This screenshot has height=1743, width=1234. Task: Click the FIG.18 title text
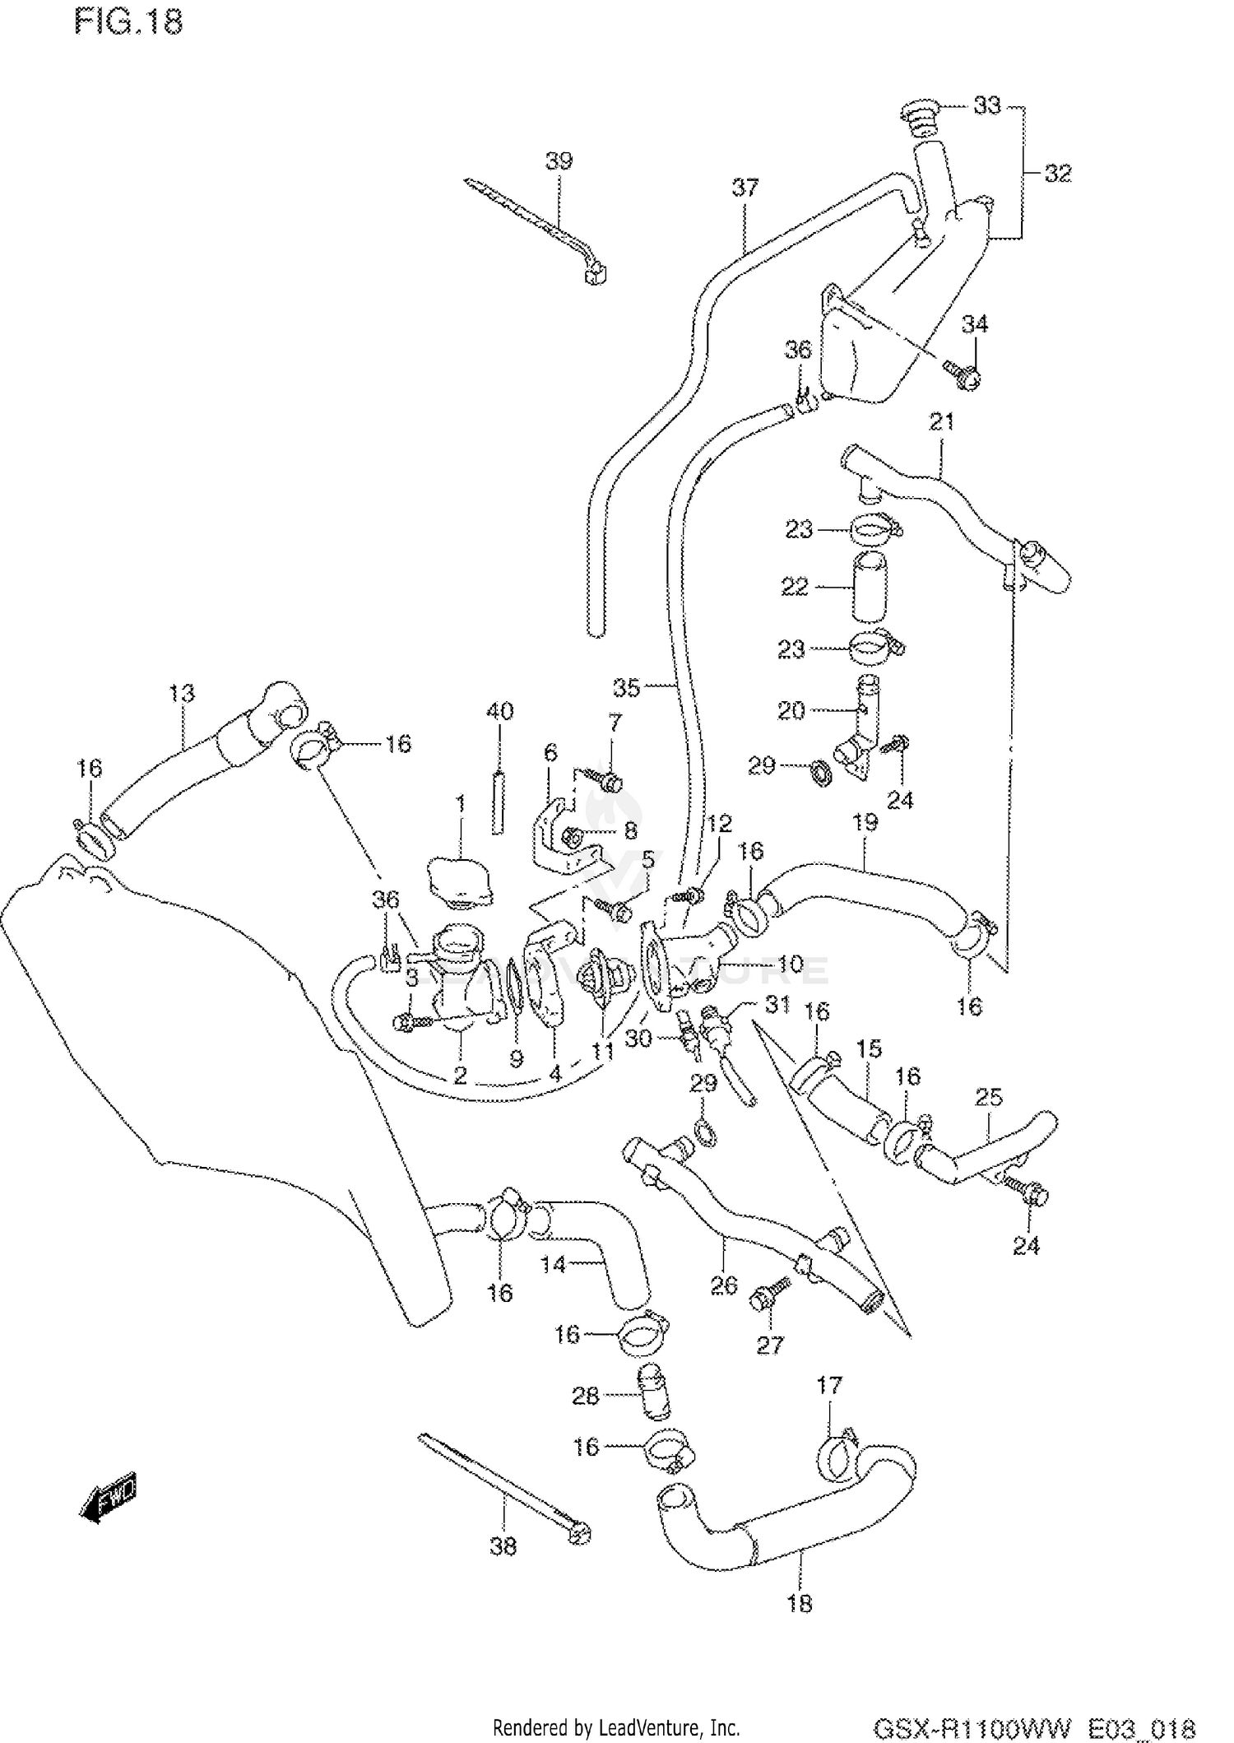click(x=128, y=22)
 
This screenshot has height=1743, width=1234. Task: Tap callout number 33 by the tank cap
click(x=986, y=105)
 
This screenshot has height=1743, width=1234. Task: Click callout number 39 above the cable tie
click(x=559, y=160)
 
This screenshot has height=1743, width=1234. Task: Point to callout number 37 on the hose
click(x=745, y=188)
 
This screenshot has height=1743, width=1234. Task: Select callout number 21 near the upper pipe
click(x=941, y=422)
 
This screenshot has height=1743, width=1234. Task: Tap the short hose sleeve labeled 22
click(x=872, y=588)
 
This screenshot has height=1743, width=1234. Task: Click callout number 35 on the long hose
click(x=626, y=688)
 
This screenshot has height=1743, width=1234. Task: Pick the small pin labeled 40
click(x=498, y=802)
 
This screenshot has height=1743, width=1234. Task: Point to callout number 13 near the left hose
click(x=182, y=693)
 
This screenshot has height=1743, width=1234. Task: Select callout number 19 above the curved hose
click(x=865, y=822)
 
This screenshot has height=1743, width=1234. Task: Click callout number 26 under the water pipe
click(x=723, y=1285)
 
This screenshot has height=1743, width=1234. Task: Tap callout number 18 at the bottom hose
click(x=800, y=1603)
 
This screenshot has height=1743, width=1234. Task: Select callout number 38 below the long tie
click(x=503, y=1546)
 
